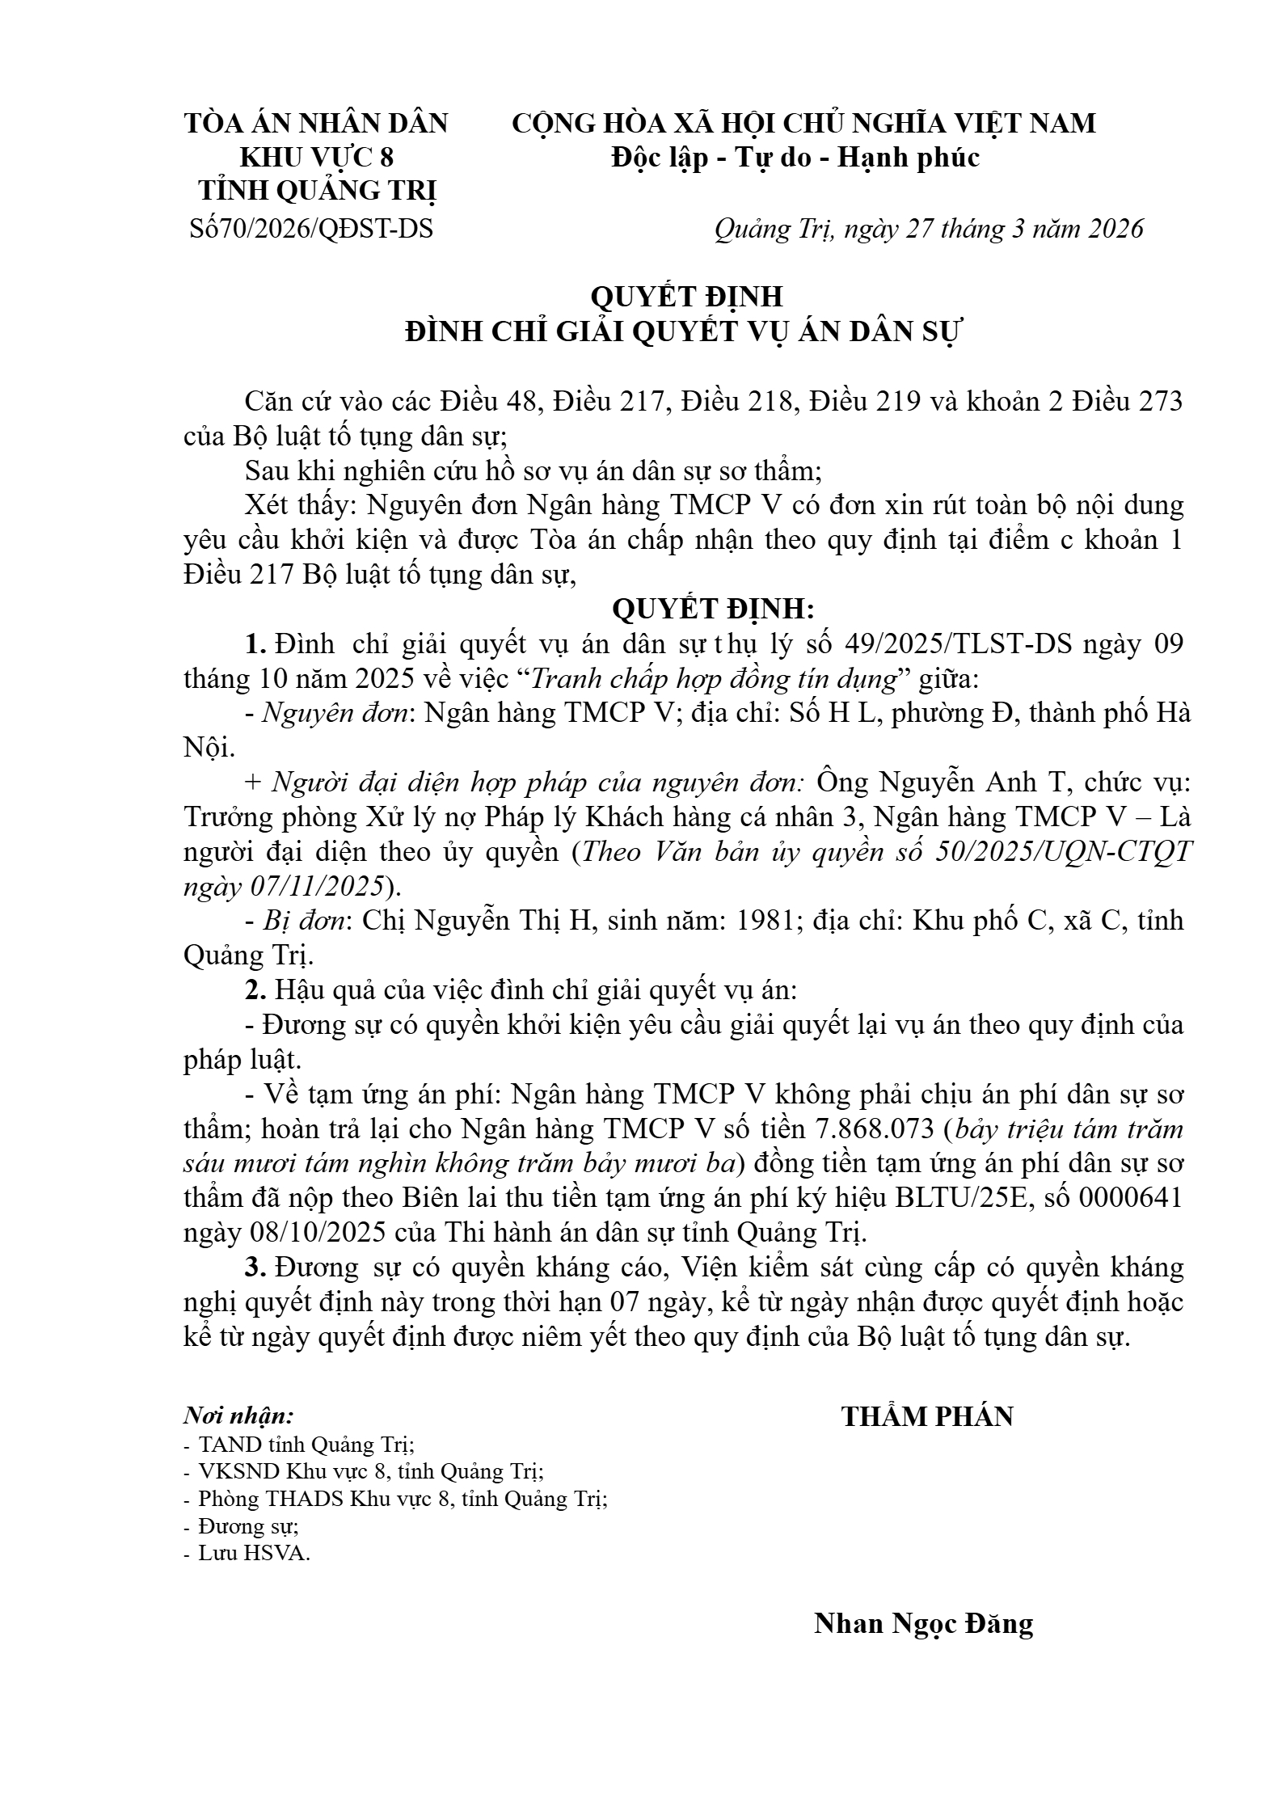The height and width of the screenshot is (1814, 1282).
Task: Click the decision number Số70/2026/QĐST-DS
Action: pos(311,230)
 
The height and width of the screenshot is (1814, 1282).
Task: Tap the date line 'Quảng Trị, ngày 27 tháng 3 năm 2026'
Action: pos(929,230)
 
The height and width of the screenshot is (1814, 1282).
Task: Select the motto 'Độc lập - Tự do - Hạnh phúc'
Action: pos(795,157)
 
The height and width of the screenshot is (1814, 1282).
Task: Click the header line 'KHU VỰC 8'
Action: pos(317,157)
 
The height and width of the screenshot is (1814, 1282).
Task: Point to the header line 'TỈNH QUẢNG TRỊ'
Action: pos(317,192)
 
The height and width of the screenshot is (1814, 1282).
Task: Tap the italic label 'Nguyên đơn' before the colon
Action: pos(335,714)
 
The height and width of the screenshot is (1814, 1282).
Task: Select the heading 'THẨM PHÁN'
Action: pos(927,1417)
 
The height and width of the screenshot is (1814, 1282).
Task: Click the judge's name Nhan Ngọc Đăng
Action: pos(923,1623)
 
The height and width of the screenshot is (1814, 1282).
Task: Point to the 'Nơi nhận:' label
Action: pos(238,1416)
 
